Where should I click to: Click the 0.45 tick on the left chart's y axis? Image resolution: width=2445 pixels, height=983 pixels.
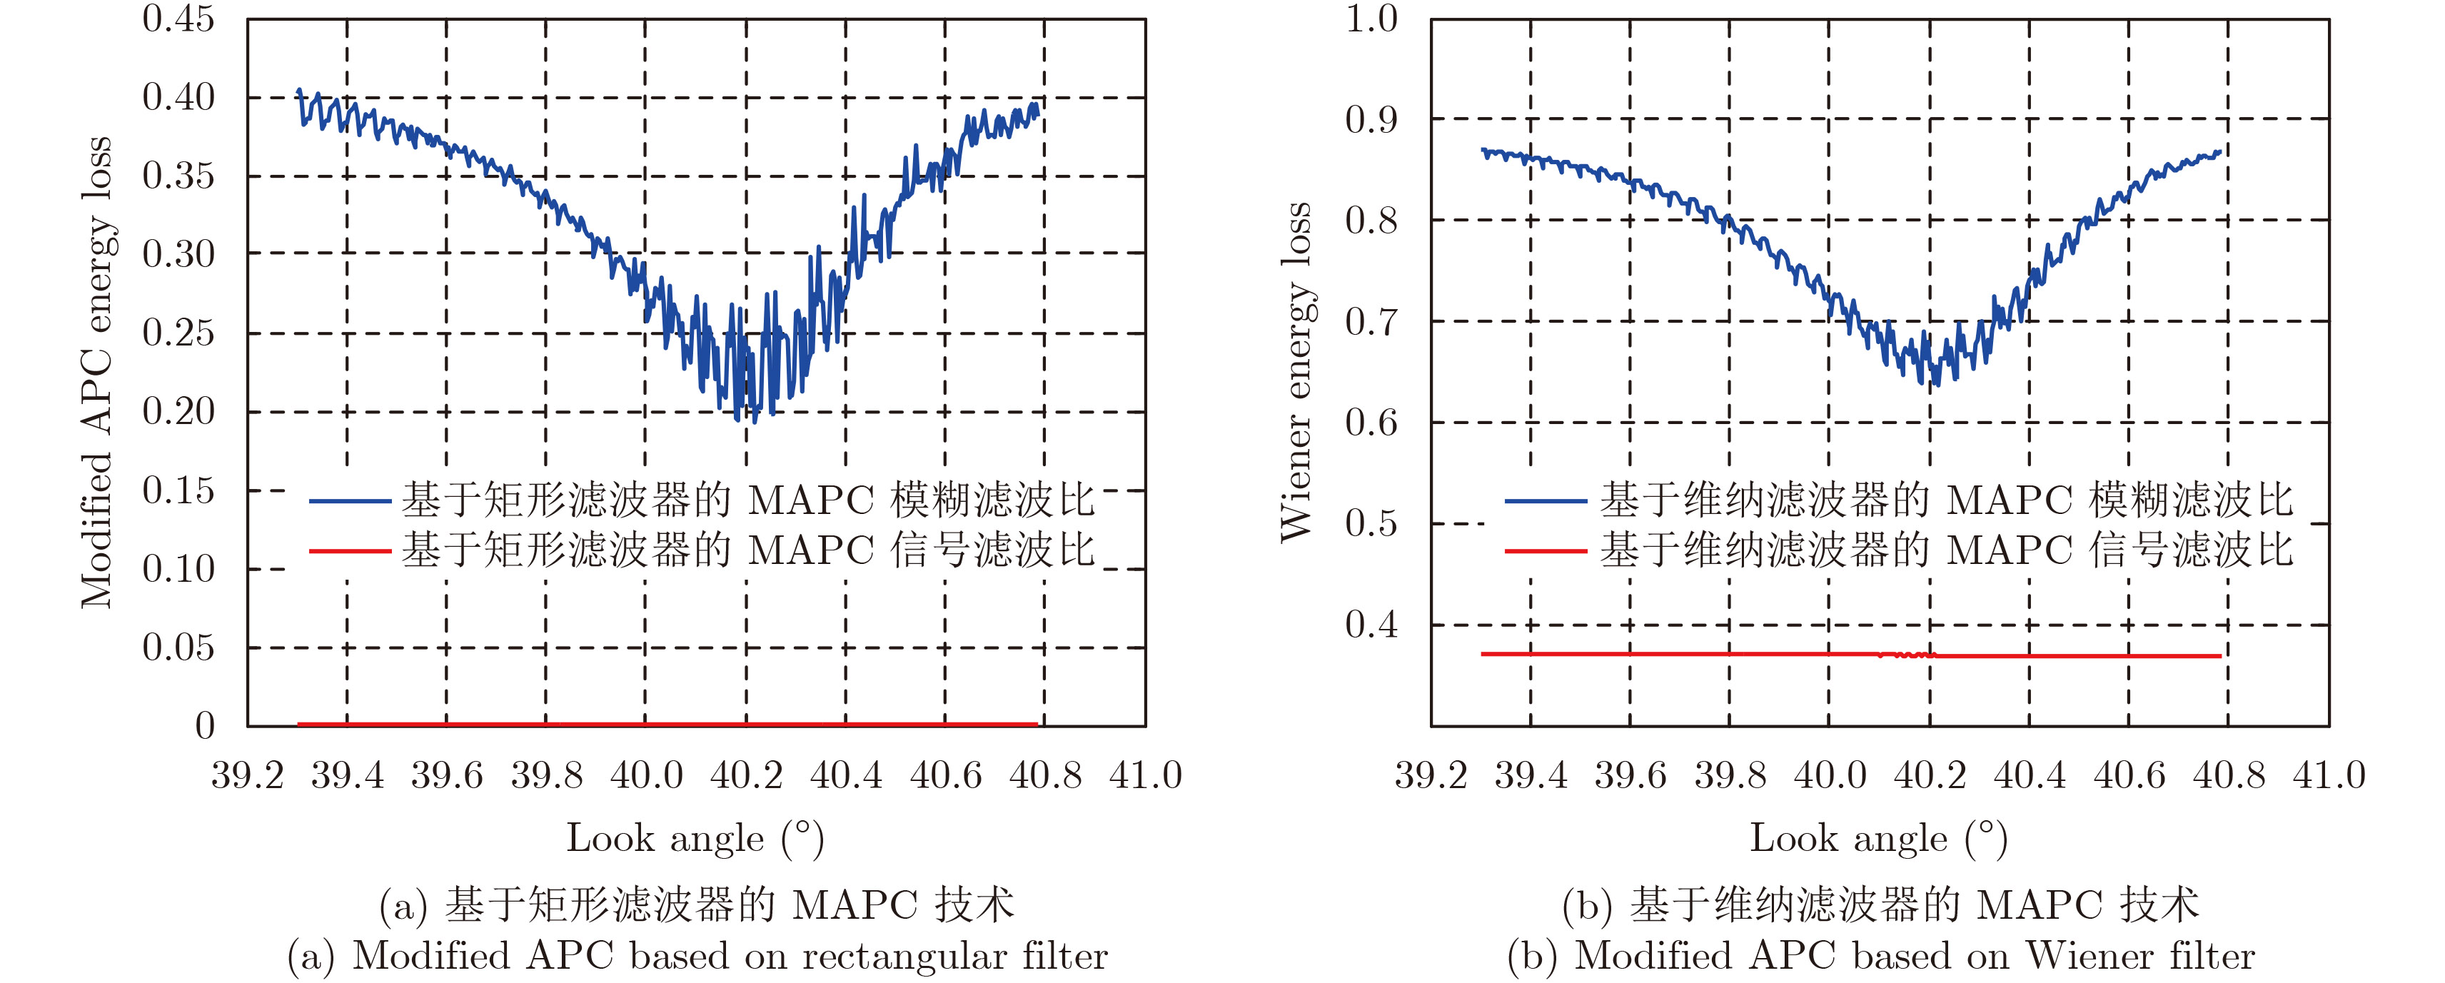point(178,19)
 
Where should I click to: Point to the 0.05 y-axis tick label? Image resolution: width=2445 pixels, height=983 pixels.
point(178,648)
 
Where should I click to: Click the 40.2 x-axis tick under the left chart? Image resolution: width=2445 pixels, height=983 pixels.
point(746,776)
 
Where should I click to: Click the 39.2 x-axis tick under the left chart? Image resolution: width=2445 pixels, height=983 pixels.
point(248,776)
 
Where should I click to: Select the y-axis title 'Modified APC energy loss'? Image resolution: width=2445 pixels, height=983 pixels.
point(97,372)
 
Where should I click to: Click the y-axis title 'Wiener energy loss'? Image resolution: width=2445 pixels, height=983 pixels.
point(1296,372)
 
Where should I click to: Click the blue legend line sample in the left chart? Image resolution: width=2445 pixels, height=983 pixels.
point(349,500)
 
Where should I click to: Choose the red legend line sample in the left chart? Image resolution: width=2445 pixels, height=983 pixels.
point(349,550)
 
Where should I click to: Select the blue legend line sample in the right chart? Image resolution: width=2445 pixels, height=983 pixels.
point(1546,500)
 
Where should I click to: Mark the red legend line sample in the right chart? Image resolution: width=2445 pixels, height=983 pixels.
point(1546,550)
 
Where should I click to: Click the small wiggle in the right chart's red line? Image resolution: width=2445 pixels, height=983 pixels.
point(1907,655)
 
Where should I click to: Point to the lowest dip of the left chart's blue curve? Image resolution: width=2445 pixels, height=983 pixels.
point(755,419)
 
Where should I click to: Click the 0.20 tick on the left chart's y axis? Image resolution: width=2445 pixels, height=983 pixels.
point(178,412)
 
